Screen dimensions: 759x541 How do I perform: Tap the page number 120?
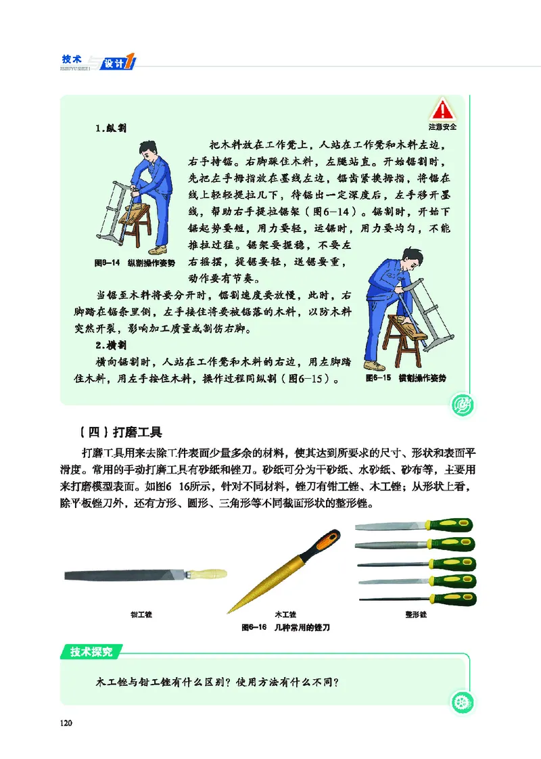pyautogui.click(x=66, y=723)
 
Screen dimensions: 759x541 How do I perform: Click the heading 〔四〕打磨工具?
pyautogui.click(x=121, y=432)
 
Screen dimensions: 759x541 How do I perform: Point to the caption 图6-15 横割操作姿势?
pyautogui.click(x=406, y=377)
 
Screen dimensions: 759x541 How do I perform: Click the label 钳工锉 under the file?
pyautogui.click(x=141, y=614)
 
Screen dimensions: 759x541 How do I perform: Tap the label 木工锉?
pyautogui.click(x=285, y=614)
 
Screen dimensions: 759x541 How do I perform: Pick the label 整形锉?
pyautogui.click(x=416, y=614)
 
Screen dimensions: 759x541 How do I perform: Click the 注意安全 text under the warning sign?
pyautogui.click(x=442, y=127)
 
